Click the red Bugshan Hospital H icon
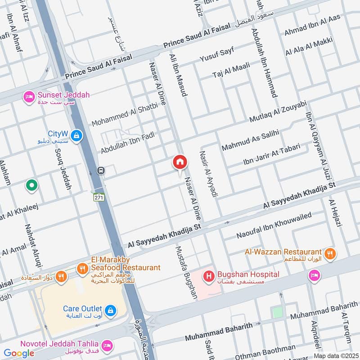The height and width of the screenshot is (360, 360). point(209,275)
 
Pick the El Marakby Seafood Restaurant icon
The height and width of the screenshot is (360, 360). point(82,269)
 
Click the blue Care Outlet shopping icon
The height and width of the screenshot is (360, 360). point(110,310)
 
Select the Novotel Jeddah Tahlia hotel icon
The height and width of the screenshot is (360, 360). point(107,346)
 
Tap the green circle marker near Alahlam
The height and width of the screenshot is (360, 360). point(31,184)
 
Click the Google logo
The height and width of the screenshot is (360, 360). point(19,353)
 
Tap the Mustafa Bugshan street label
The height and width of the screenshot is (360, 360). point(186,272)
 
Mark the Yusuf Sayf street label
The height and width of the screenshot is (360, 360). point(217,57)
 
